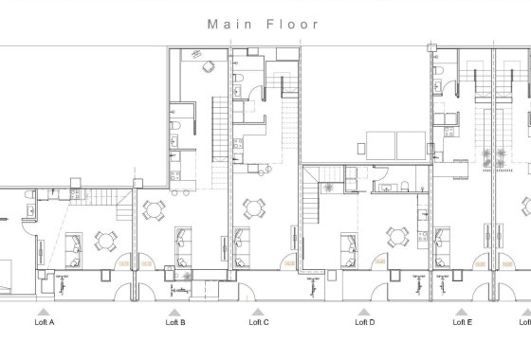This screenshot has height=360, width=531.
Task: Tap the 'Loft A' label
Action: (45, 322)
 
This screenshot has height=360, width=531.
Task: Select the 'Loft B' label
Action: (175, 322)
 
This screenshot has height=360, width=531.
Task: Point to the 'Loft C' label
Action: (259, 322)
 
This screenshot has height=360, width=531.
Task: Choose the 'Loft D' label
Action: (364, 322)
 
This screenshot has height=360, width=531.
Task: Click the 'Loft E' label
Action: (463, 322)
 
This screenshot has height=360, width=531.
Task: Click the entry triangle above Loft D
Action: (361, 310)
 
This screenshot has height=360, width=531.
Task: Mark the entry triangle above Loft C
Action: (256, 310)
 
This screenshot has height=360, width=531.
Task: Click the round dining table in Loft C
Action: (253, 207)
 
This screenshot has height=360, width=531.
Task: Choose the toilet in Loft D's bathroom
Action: (405, 183)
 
